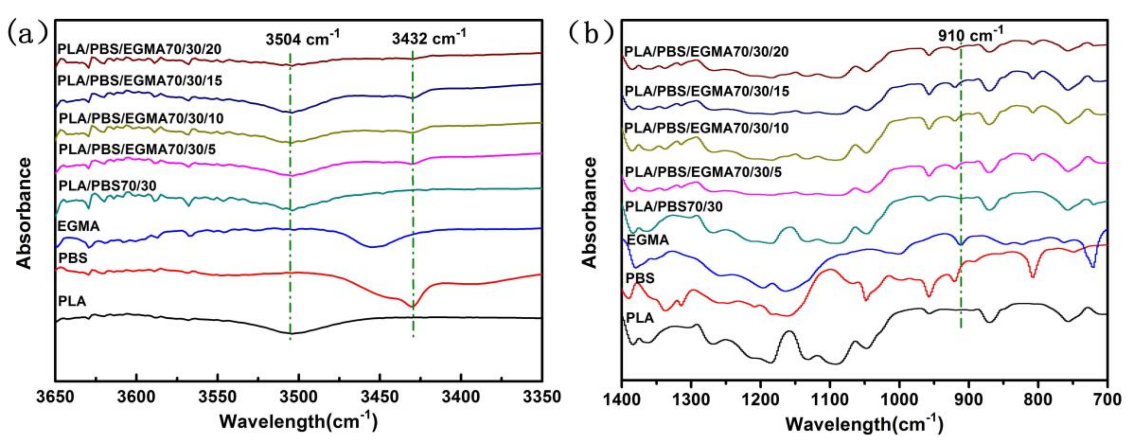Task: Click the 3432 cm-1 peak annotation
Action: (x=429, y=39)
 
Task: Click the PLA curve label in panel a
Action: (x=72, y=301)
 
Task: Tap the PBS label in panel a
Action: (x=73, y=258)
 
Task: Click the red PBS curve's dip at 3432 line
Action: (x=412, y=306)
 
